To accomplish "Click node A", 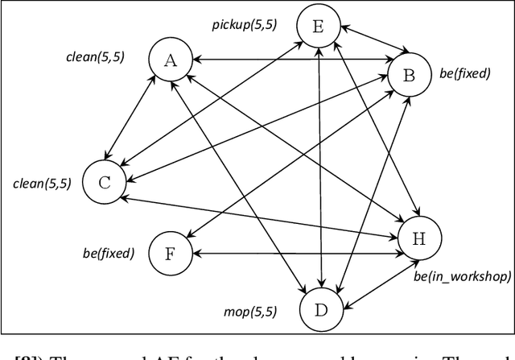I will click(x=170, y=60).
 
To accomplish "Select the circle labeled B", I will click(x=408, y=76).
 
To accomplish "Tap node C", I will click(x=105, y=181).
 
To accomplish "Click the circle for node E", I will click(x=318, y=27).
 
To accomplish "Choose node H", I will click(x=419, y=239).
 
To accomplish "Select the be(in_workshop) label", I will click(x=462, y=277).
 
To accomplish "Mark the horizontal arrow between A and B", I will click(x=290, y=59).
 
